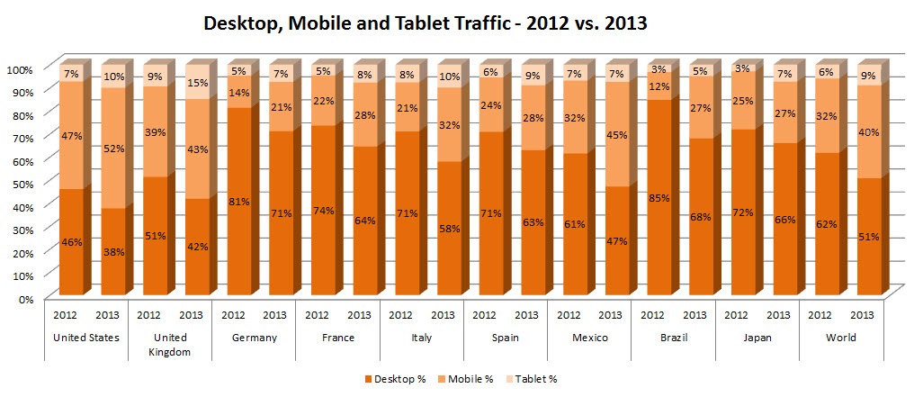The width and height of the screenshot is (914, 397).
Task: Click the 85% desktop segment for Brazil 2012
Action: (659, 198)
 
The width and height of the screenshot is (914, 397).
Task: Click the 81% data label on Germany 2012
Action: (238, 202)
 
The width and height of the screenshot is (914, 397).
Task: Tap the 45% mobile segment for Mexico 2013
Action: (616, 136)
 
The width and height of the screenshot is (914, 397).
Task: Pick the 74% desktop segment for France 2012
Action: (323, 211)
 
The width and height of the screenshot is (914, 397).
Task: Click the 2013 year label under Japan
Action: (778, 315)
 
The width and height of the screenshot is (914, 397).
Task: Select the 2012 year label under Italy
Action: (400, 315)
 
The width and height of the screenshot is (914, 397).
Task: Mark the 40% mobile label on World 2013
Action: (867, 132)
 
